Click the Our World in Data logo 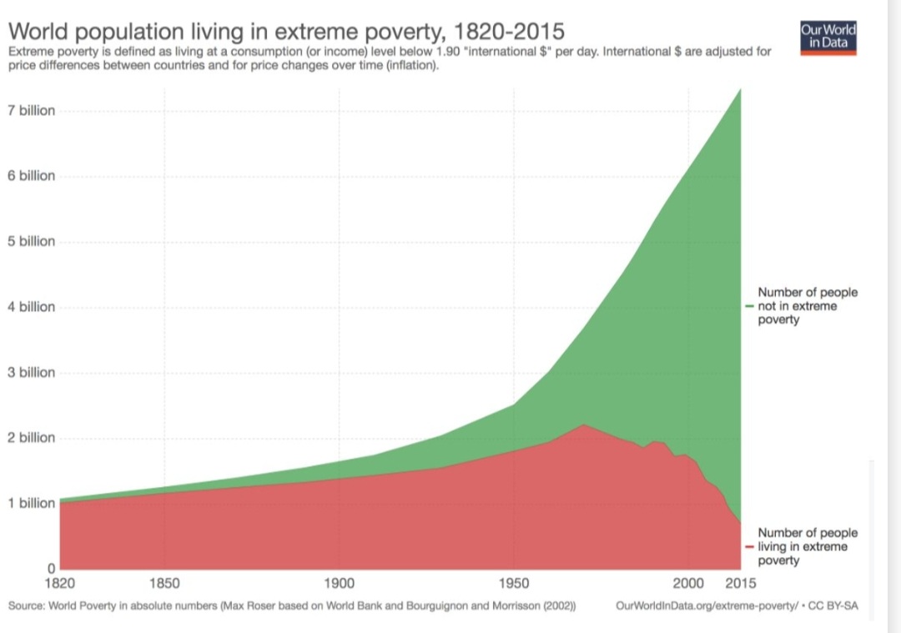point(828,38)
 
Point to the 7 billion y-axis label point(32,111)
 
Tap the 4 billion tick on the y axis point(32,307)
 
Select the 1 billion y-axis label point(32,503)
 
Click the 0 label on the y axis point(51,568)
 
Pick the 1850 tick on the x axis point(164,582)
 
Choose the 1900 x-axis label point(339,582)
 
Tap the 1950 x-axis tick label point(514,582)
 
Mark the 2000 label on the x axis point(688,582)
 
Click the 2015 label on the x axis point(739,582)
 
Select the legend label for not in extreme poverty point(806,306)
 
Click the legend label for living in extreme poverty point(806,546)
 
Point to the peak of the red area point(583,425)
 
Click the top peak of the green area point(740,88)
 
